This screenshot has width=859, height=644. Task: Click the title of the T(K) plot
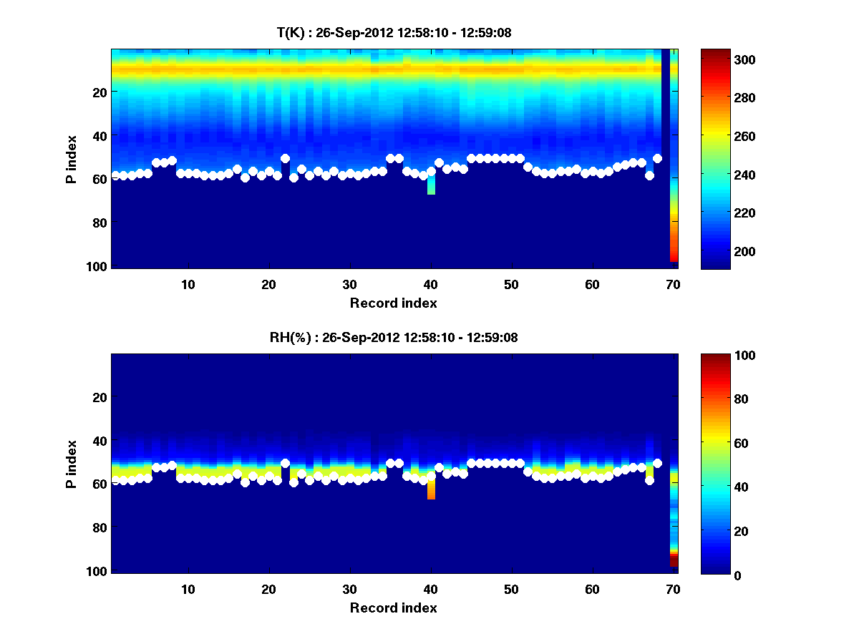tap(394, 32)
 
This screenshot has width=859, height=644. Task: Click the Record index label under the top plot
tap(394, 303)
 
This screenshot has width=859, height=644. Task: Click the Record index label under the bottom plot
tap(394, 608)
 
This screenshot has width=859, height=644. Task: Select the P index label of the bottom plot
tap(72, 464)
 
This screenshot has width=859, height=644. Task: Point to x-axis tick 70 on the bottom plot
tap(673, 589)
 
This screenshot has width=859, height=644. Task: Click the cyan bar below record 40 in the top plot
tap(431, 185)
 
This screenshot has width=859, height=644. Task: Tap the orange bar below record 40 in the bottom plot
tap(431, 489)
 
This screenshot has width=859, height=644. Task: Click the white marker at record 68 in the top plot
tap(657, 158)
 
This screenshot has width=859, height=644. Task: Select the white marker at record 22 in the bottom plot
tap(285, 464)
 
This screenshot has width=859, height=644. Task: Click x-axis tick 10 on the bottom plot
tap(188, 589)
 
